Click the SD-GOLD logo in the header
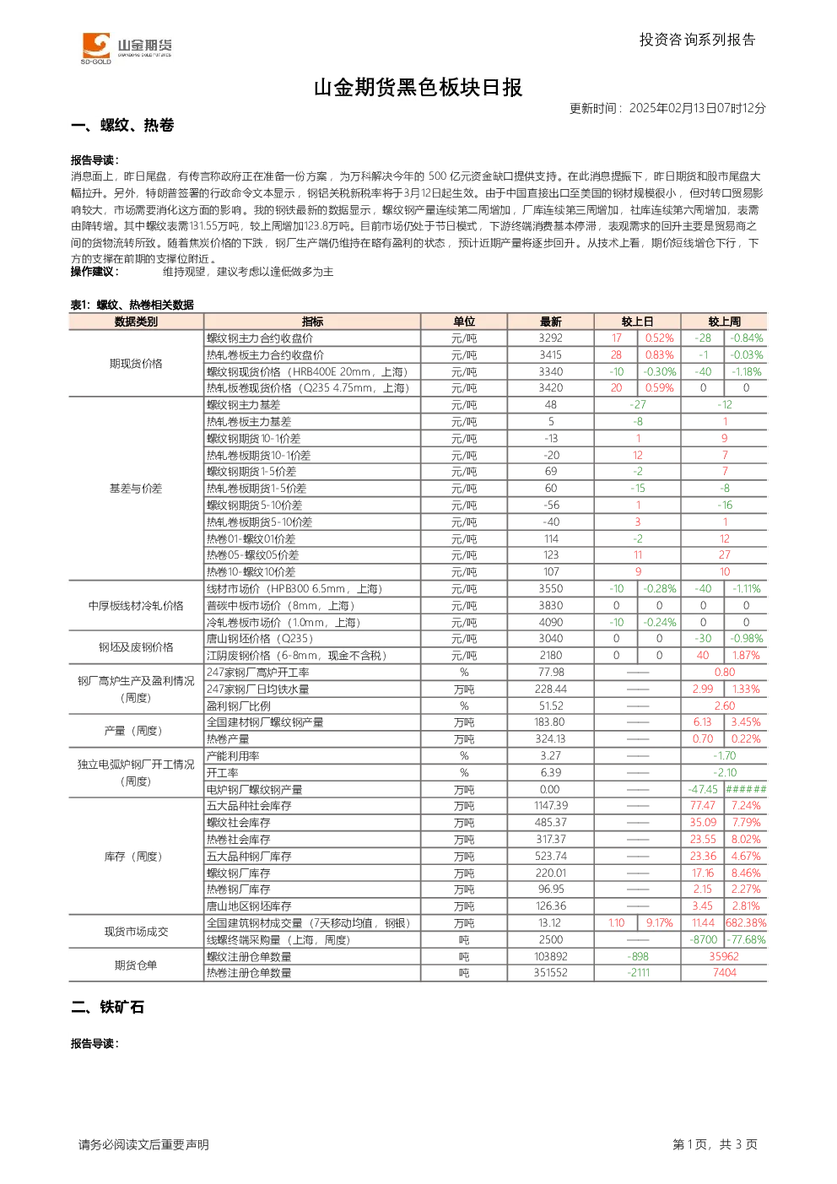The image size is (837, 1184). (x=127, y=48)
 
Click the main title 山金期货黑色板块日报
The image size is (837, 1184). (x=418, y=88)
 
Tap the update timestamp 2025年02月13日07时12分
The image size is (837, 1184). (x=697, y=108)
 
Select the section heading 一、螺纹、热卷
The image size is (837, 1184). (x=122, y=125)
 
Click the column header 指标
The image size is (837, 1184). (x=312, y=322)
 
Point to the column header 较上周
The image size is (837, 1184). (x=724, y=322)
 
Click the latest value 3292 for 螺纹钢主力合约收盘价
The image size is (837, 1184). (x=551, y=338)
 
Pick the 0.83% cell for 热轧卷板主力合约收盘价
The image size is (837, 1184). (x=659, y=354)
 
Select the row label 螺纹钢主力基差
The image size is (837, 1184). (x=244, y=405)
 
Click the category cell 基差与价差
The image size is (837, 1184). (x=136, y=489)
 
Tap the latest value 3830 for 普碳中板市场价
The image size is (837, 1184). (x=551, y=605)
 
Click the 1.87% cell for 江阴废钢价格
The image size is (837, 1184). (x=746, y=655)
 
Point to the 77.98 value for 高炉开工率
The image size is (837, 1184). (x=551, y=672)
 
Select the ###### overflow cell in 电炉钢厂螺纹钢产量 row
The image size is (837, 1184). (x=746, y=789)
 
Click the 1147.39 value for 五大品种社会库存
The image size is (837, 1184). (x=551, y=806)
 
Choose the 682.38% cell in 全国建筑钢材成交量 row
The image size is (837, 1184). (x=746, y=923)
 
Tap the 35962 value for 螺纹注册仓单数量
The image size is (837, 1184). (x=724, y=956)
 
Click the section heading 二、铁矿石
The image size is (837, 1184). (x=107, y=1007)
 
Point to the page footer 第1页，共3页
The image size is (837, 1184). (x=715, y=1144)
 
